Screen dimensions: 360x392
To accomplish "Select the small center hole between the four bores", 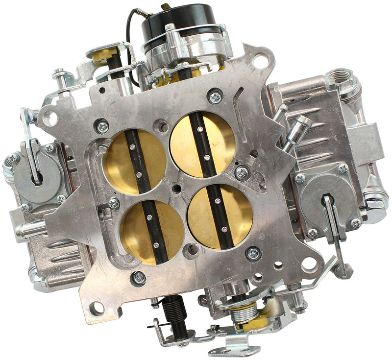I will point(176,188).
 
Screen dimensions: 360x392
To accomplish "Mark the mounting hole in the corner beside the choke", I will point(260,62).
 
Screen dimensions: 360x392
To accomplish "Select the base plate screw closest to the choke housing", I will point(215,96).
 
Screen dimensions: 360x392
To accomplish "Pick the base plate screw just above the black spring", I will point(139,278).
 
